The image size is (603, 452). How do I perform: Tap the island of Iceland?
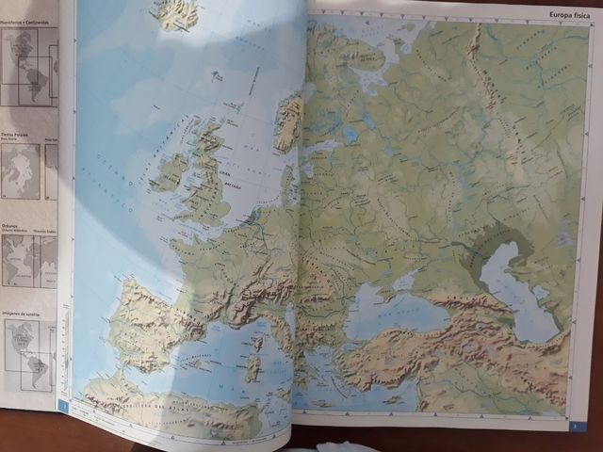(x=176, y=12)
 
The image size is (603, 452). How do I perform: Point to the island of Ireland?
(x=170, y=170)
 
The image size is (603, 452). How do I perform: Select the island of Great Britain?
(x=206, y=174)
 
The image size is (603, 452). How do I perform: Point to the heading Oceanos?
(x=11, y=225)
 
